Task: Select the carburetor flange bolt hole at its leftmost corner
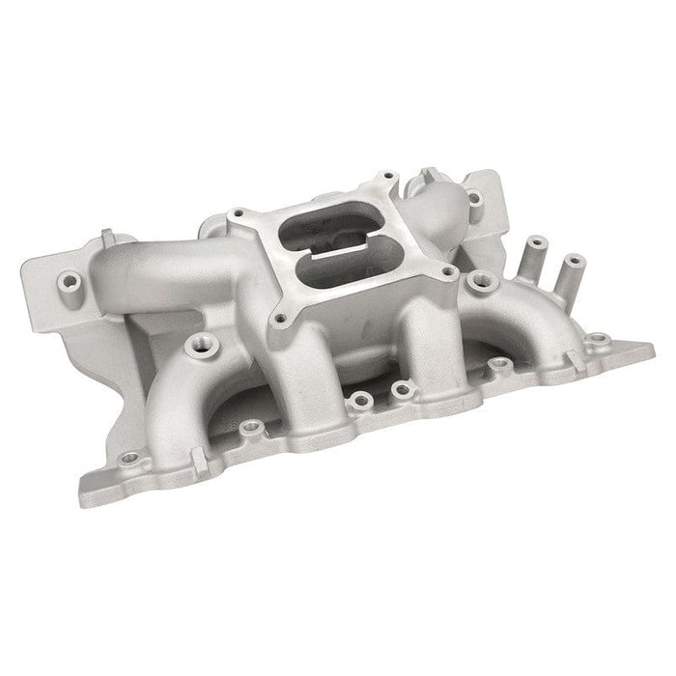(237, 212)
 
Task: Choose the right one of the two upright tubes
(572, 264)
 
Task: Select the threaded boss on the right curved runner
(477, 281)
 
